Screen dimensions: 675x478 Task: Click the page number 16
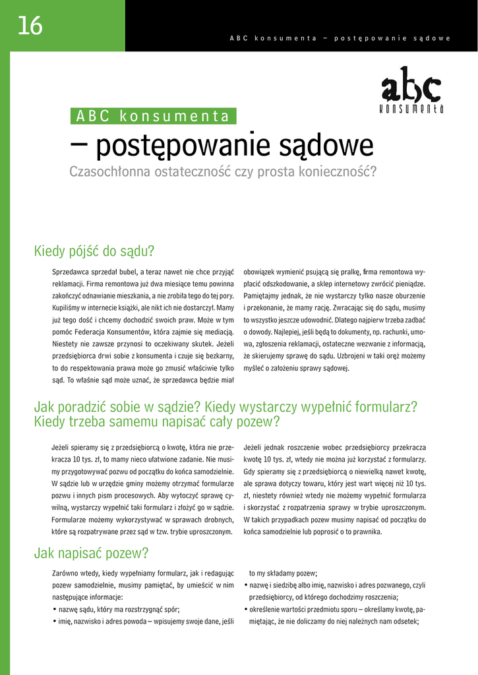pos(30,26)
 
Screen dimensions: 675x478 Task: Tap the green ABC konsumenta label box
pos(153,117)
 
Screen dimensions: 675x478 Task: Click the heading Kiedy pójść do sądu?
pos(94,251)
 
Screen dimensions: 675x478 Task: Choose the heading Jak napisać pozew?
pos(91,553)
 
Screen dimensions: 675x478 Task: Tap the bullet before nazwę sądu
pos(54,610)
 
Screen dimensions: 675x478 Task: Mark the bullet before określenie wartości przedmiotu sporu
pos(246,610)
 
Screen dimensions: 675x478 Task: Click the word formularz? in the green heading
pos(386,407)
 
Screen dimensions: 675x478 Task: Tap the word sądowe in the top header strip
pos(432,38)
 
